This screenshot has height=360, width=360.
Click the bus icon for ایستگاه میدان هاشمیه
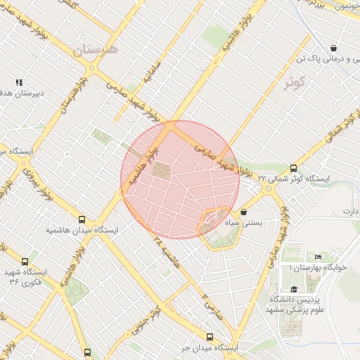(82, 219)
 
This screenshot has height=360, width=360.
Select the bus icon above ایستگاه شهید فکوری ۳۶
(25, 261)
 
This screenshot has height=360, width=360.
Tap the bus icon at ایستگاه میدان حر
(210, 337)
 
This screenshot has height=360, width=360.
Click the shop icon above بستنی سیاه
(243, 212)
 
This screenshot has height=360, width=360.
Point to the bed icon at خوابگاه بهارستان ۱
(317, 257)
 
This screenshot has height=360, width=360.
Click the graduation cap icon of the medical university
(293, 288)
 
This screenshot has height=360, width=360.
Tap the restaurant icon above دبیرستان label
(19, 82)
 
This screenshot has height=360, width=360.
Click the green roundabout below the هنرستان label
(92, 68)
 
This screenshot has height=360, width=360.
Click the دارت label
(350, 211)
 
